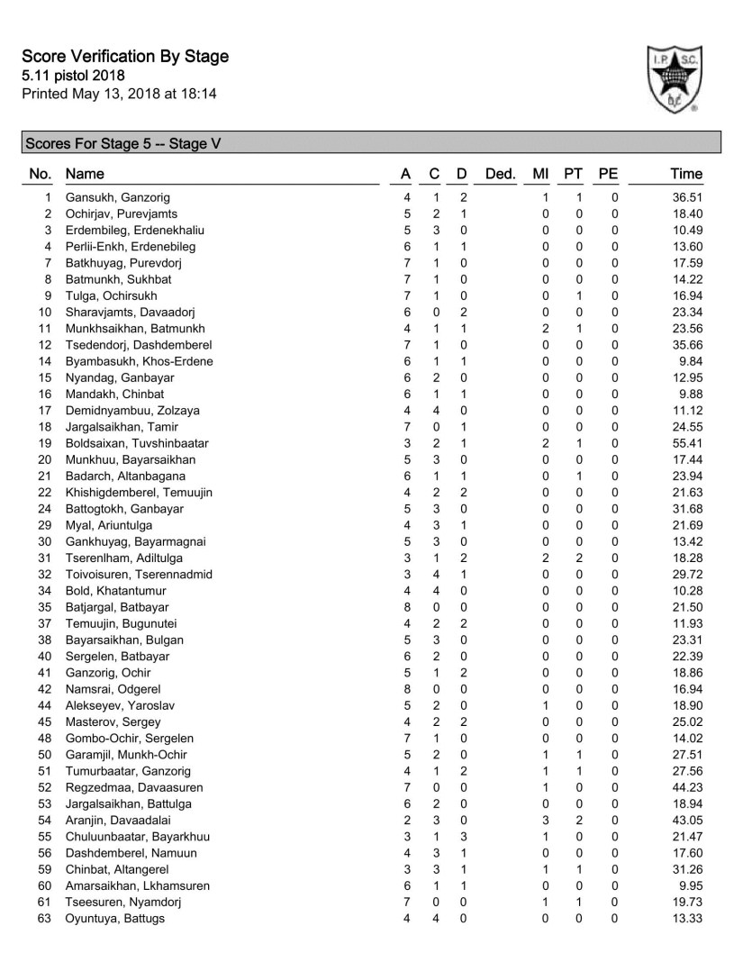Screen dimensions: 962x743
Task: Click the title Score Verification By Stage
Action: tap(125, 57)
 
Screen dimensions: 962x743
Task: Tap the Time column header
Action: tap(686, 174)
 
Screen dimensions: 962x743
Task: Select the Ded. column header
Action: tap(500, 174)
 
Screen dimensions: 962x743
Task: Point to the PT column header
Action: tap(572, 174)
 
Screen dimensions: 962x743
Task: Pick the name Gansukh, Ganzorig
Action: tap(117, 197)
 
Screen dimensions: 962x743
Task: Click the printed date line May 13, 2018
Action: tap(119, 93)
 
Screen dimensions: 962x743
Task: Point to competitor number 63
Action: tap(45, 919)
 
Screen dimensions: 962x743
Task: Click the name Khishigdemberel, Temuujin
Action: tap(139, 493)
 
